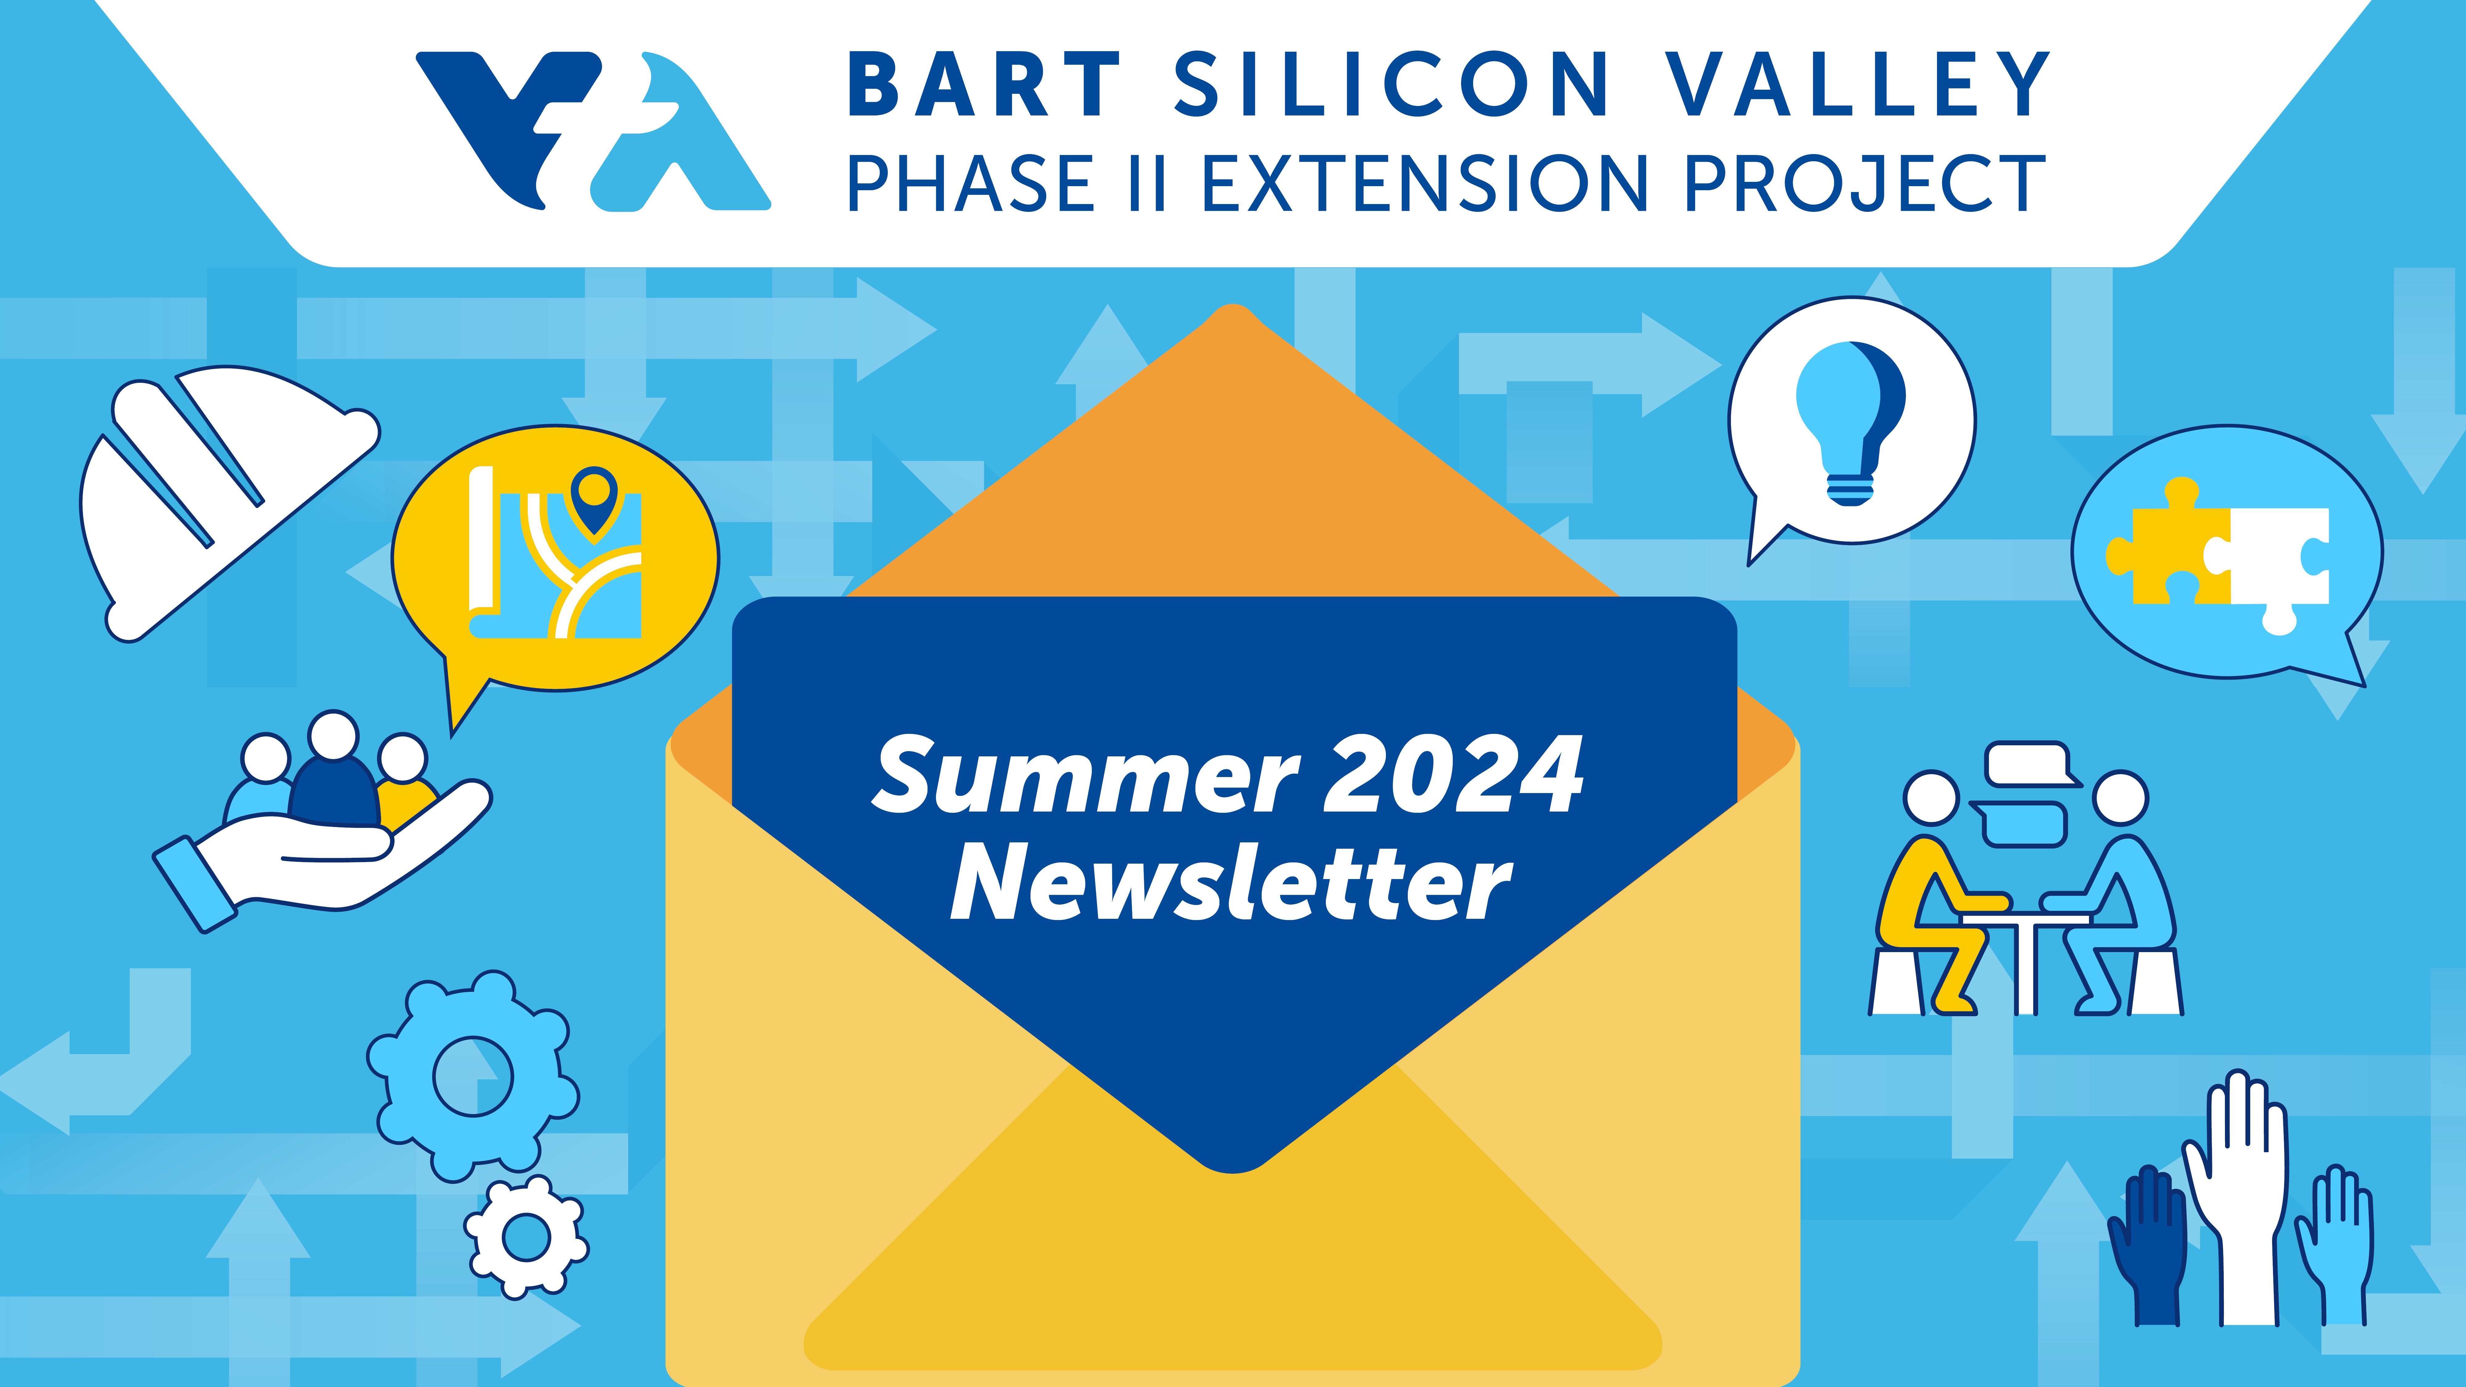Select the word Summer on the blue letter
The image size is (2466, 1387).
1087,775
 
